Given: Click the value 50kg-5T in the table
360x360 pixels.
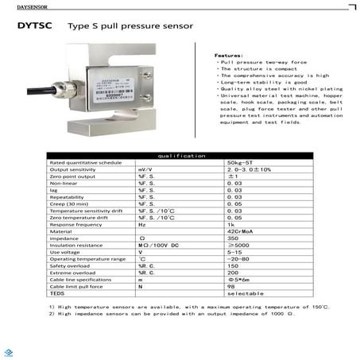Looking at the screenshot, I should click(238, 162).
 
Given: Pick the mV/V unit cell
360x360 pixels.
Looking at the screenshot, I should click(145, 169).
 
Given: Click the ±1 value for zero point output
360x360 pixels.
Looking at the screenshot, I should click(234, 176).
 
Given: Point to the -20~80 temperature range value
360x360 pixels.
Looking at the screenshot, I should click(238, 259).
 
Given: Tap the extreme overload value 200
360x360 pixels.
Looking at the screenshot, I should click(232, 273).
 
